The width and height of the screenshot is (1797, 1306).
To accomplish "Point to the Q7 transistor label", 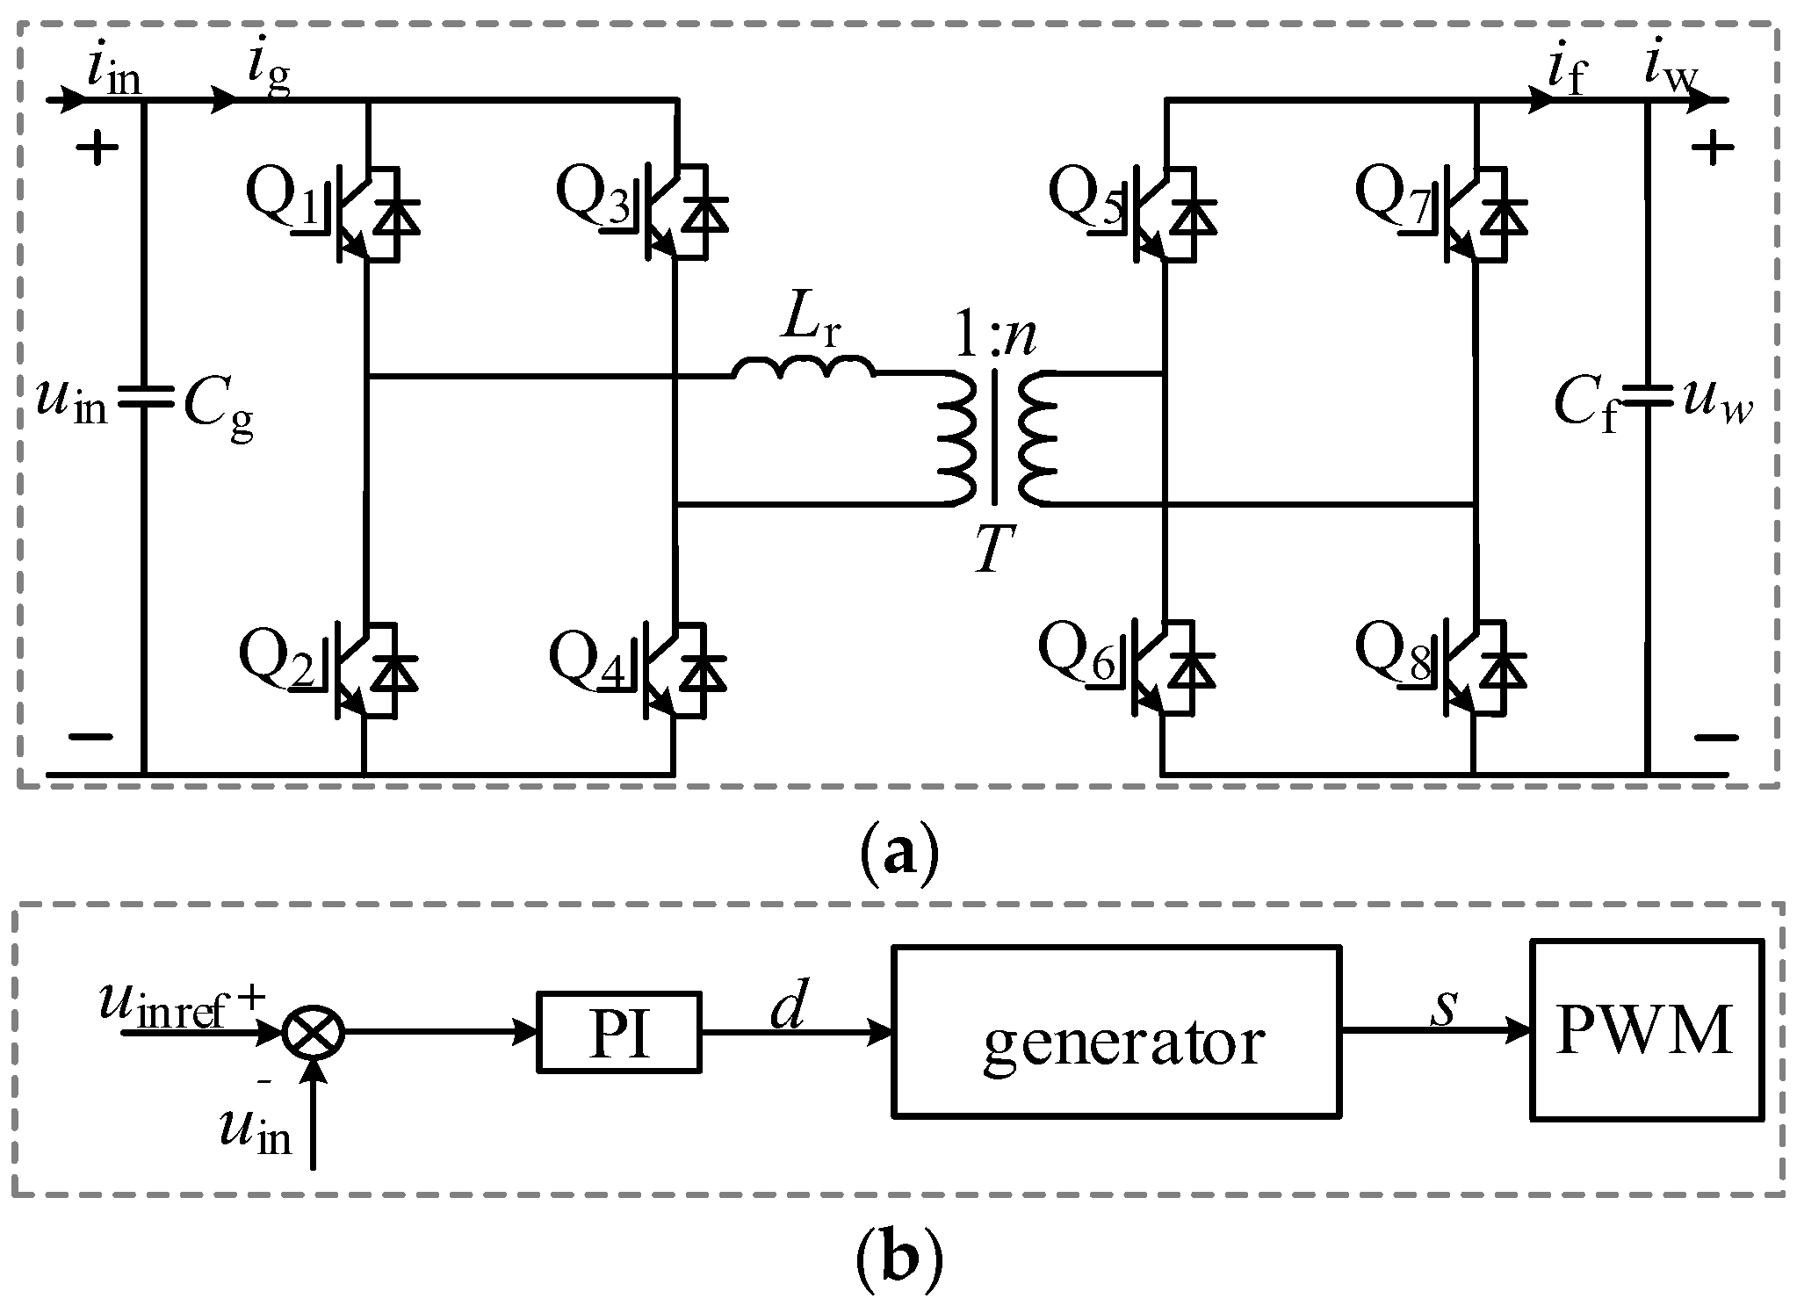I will click(x=1389, y=195).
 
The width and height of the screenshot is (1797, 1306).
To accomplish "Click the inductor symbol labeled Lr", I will click(x=804, y=367).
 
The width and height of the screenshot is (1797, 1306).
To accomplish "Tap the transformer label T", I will click(x=994, y=552).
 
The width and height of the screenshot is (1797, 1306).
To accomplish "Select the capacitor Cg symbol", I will click(x=143, y=398).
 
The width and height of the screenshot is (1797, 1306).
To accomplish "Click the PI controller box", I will click(x=619, y=1033).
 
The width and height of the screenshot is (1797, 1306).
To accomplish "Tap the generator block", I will click(x=1117, y=1031).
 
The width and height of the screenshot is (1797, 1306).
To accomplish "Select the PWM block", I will click(x=1646, y=1029).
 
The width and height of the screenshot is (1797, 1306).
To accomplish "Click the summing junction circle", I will click(x=314, y=1033).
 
